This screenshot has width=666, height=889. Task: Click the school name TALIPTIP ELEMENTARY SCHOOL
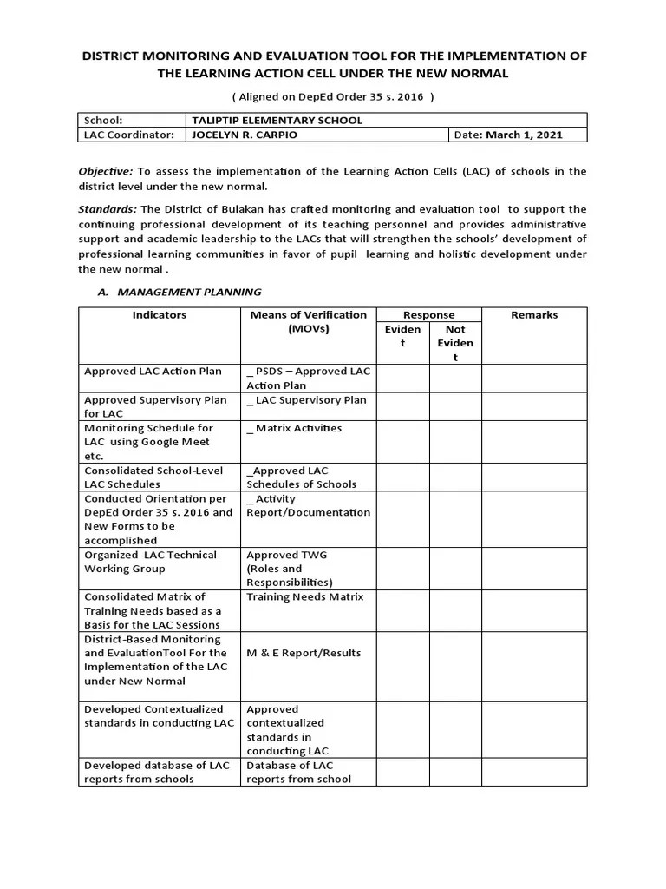tap(277, 120)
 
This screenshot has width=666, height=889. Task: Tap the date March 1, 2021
tap(524, 135)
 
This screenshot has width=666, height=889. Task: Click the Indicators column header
tap(159, 315)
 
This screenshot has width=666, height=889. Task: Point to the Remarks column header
tap(534, 315)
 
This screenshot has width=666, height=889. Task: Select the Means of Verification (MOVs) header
tap(308, 322)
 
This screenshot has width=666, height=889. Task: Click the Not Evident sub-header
tap(454, 343)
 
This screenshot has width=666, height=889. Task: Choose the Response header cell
tap(428, 315)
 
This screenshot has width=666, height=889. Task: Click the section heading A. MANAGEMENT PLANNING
tap(179, 292)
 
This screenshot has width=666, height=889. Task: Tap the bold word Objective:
tap(106, 172)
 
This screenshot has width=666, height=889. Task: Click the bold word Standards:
tap(108, 209)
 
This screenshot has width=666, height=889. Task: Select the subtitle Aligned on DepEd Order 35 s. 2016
tap(333, 96)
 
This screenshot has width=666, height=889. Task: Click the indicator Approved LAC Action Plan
tap(153, 372)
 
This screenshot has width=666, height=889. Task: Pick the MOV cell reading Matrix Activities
tap(295, 428)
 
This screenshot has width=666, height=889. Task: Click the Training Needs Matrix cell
tap(304, 597)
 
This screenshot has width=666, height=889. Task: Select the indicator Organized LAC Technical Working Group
tap(150, 562)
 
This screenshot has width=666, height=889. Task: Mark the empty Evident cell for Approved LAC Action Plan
tap(402, 378)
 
